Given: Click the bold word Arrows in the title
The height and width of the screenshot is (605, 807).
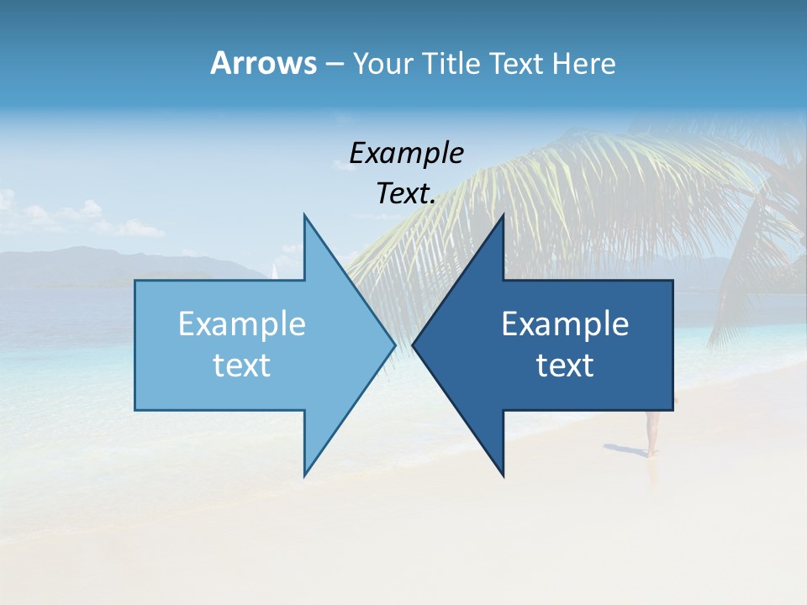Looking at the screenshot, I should (x=263, y=63).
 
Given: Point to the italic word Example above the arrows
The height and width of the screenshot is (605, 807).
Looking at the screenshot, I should (x=406, y=153).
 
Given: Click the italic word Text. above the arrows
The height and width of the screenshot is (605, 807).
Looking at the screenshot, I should (x=406, y=194).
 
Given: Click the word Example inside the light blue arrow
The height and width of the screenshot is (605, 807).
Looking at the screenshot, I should (x=242, y=324).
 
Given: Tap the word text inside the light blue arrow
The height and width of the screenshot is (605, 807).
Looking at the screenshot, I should (x=242, y=366).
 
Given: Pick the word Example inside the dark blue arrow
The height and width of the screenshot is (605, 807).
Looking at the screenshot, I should (x=565, y=324).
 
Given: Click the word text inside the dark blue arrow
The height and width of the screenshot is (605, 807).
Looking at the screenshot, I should (x=565, y=366).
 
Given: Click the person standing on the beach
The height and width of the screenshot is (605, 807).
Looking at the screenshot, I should (x=651, y=433).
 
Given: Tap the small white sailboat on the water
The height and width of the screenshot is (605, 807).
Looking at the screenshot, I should (x=273, y=271).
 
